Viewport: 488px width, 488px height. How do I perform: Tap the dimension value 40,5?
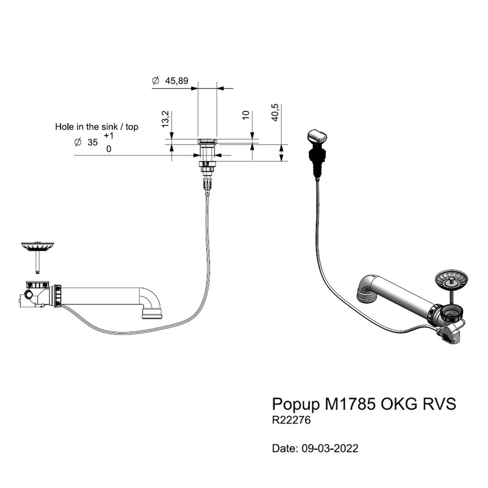point(275,113)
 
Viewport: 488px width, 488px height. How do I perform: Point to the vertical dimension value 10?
point(247,116)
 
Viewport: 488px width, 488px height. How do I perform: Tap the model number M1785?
point(350,404)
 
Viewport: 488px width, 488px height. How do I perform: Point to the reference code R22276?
point(292,421)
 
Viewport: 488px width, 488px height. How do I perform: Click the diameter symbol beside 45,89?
point(155,81)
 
